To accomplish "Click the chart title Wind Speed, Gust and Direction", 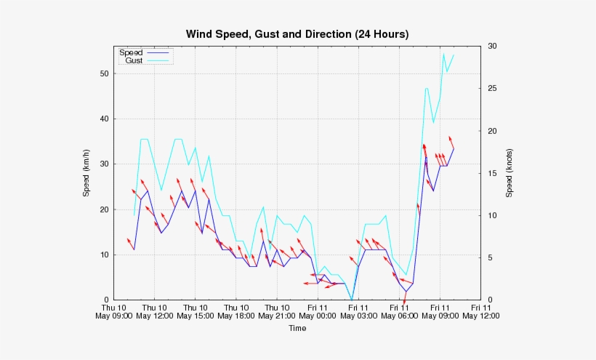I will [297, 34].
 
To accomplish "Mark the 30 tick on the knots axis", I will [492, 46].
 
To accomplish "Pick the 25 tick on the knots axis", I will [492, 89].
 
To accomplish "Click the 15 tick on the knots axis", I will [492, 173].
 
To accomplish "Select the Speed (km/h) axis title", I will [86, 173].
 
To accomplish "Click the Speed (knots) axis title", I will [510, 173].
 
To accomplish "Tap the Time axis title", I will [297, 328].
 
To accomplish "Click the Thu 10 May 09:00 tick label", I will [113, 311].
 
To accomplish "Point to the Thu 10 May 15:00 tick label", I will [195, 311].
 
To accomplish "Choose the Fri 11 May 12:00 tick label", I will [481, 311].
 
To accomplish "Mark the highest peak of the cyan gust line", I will [444, 54].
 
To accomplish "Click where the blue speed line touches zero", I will [352, 299].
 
